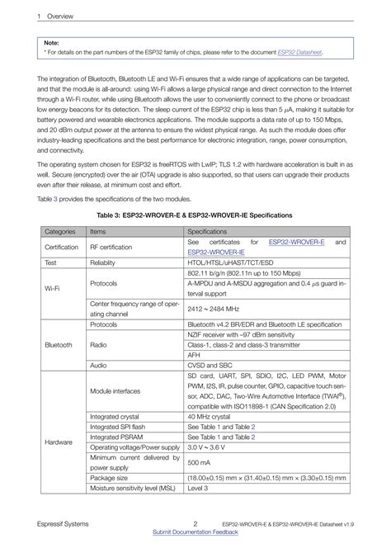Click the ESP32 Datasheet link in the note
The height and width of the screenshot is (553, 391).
pos(299,51)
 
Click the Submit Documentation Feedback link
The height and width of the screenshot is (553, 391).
pos(195,532)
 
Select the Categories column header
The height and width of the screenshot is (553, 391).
pos(60,233)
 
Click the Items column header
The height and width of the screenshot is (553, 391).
pos(98,233)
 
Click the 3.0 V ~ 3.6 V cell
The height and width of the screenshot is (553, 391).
pos(207,447)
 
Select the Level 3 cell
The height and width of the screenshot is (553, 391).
pos(198,489)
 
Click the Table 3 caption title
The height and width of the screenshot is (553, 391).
pos(195,215)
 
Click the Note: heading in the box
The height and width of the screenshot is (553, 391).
pos(51,41)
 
